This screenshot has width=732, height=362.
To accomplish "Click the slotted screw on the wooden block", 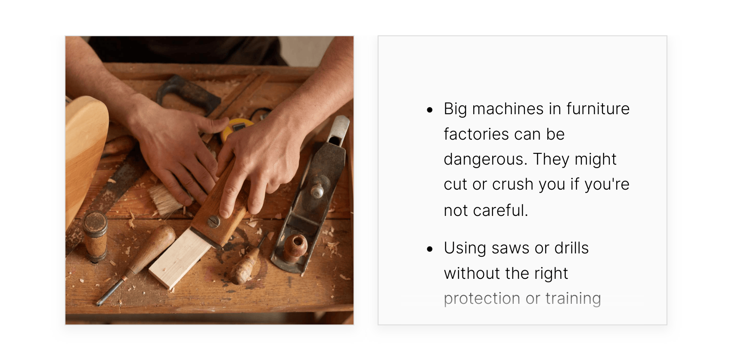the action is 214,222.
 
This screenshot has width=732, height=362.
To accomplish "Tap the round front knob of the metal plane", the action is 295,247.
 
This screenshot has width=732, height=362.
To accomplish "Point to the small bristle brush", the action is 166,200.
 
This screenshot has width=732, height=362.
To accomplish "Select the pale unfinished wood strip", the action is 180,258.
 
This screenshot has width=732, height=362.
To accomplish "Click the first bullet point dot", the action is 430,110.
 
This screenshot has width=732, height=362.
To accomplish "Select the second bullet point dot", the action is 430,249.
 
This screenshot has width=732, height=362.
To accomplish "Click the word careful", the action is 500,210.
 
